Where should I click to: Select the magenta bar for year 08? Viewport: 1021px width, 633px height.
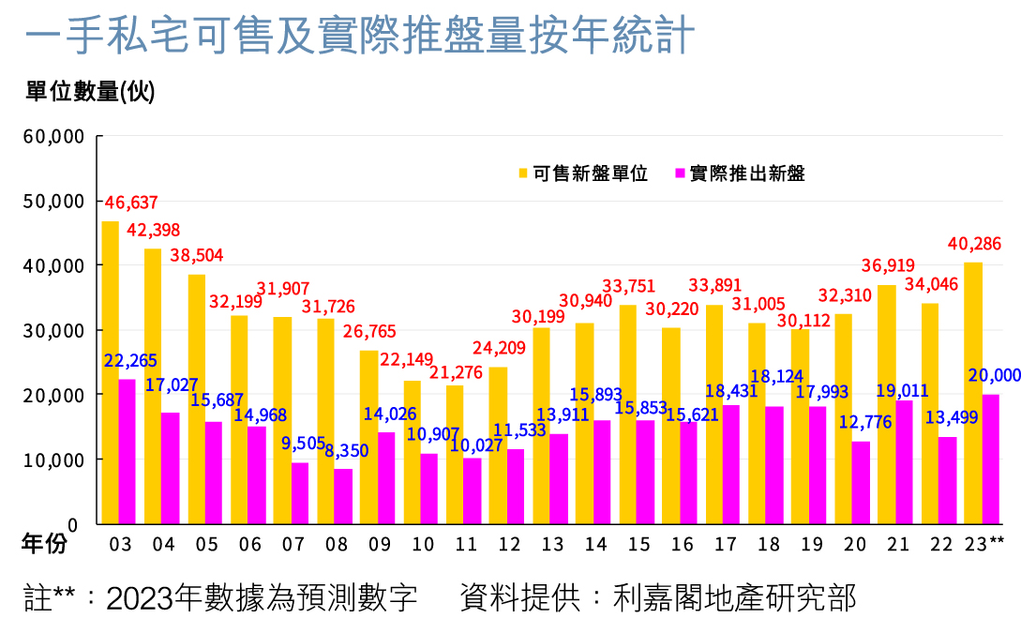pos(343,496)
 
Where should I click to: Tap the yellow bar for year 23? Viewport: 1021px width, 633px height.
pos(973,394)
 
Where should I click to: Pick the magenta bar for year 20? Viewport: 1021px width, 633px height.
pos(861,482)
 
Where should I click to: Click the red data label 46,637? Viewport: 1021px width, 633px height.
pos(131,203)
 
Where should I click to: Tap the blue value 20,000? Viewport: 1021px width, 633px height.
pos(994,375)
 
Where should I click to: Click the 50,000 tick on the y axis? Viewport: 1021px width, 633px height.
pos(53,201)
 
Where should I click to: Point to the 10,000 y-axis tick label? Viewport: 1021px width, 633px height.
pos(53,460)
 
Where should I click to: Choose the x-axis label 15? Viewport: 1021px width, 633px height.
pos(638,545)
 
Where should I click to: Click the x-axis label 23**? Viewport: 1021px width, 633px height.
pos(983,545)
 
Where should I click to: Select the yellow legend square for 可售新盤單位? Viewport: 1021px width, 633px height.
pos(522,173)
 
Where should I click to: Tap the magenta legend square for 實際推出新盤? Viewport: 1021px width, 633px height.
pos(680,173)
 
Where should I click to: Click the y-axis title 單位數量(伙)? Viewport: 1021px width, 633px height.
pos(90,91)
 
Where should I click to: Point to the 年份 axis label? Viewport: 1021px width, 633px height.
pos(45,545)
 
